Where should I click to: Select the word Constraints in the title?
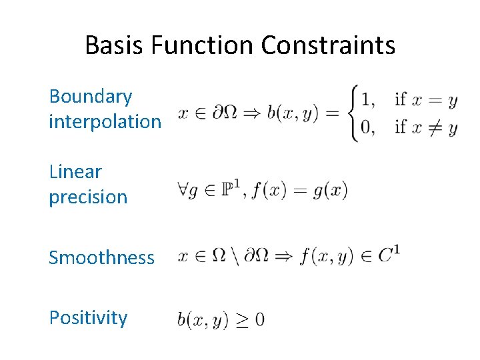[x=328, y=45]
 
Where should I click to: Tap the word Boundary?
[x=91, y=97]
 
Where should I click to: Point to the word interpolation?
[x=105, y=121]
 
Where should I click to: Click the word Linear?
[x=75, y=171]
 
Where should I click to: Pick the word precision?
[x=88, y=197]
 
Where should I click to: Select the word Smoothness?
[x=101, y=257]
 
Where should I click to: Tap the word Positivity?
[x=88, y=317]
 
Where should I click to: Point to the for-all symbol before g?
[x=183, y=191]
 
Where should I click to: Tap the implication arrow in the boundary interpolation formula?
[x=249, y=114]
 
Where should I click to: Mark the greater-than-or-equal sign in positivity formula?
[x=238, y=320]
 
